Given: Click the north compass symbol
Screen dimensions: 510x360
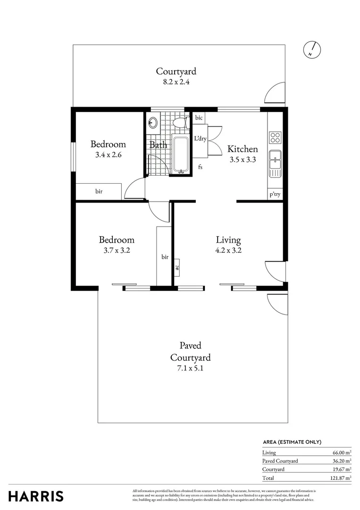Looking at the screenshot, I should click(x=312, y=49).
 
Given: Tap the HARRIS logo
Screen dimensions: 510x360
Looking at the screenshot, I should click(x=36, y=496).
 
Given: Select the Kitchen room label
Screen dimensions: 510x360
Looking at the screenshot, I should click(x=243, y=149).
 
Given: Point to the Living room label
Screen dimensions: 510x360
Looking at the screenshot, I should click(x=228, y=240).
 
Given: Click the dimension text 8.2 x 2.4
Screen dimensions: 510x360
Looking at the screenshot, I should click(x=176, y=81).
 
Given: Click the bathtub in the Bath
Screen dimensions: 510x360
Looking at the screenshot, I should click(x=180, y=154).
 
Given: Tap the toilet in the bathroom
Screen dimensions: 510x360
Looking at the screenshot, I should click(x=180, y=123).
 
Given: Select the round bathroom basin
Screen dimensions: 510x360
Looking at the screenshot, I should click(x=153, y=122).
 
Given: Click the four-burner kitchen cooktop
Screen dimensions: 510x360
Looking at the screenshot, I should click(x=275, y=137).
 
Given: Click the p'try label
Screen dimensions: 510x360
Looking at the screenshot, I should click(x=275, y=194).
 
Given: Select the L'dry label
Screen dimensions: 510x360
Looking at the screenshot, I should click(x=201, y=139).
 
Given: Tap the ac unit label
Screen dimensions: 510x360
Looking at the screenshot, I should click(x=178, y=266).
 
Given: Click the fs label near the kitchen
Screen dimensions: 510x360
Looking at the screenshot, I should click(x=201, y=167).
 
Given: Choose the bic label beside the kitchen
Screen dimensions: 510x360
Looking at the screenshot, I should click(x=199, y=118).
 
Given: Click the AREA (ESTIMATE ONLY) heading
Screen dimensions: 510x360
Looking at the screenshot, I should click(x=292, y=442).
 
